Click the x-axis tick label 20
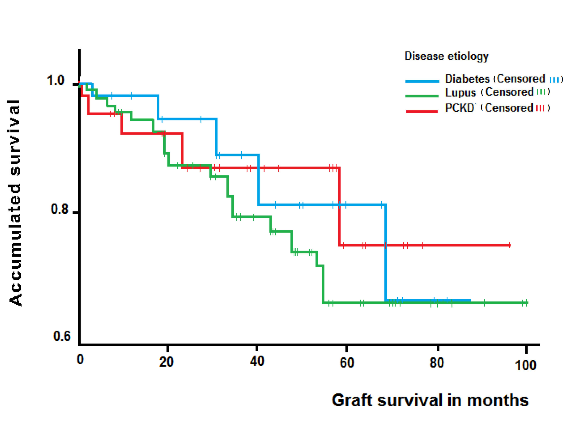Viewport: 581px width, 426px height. [x=166, y=362]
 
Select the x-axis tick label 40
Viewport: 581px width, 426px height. [x=257, y=361]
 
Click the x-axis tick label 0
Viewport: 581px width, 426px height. [x=80, y=359]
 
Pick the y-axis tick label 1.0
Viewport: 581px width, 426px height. [x=55, y=80]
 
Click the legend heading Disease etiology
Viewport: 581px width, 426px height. [x=446, y=56]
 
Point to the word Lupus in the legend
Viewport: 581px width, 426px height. [x=460, y=92]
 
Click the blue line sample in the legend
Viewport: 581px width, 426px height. [x=422, y=82]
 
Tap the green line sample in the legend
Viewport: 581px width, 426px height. [x=422, y=96]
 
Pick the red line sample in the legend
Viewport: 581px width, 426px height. [x=422, y=111]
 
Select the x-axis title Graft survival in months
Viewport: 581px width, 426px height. [x=430, y=400]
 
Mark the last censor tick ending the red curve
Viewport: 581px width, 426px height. [x=509, y=245]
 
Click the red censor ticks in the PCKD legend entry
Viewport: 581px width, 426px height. [x=540, y=108]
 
